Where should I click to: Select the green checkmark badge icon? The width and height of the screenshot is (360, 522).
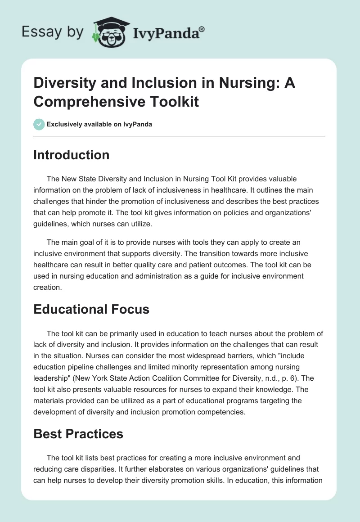[39, 124]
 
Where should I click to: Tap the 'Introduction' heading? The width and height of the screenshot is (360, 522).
[72, 155]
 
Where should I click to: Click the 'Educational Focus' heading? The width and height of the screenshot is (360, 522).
[91, 309]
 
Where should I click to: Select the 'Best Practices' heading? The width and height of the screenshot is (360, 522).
[78, 434]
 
